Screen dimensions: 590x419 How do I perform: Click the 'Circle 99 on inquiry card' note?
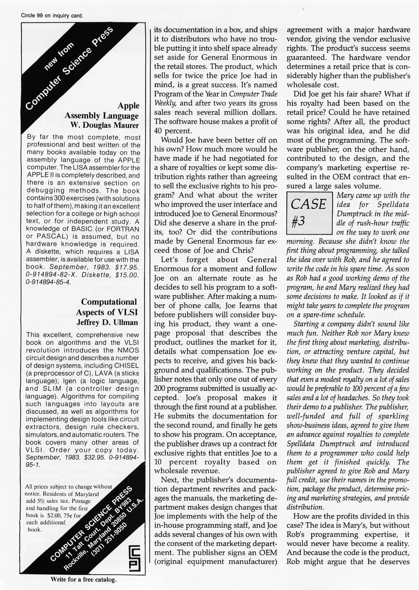(x=52, y=16)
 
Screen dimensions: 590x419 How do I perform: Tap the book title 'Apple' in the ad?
(x=128, y=106)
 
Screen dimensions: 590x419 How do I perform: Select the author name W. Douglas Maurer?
(x=105, y=125)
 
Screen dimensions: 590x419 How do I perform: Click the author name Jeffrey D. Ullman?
(x=107, y=322)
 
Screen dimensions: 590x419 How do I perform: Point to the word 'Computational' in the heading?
(x=109, y=302)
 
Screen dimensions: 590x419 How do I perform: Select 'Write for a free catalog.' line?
(x=84, y=580)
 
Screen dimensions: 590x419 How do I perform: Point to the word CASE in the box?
(x=308, y=204)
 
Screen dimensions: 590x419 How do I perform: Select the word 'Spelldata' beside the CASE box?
(x=393, y=205)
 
